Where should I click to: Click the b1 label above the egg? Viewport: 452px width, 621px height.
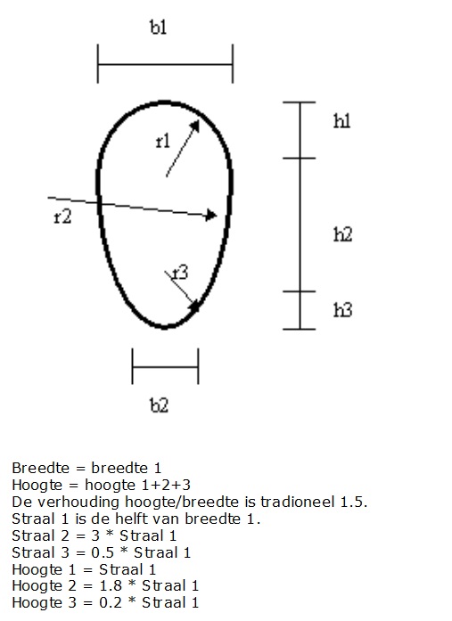tap(159, 28)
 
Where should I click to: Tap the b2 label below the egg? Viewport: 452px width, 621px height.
tap(160, 405)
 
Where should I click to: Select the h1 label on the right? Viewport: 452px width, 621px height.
tap(342, 121)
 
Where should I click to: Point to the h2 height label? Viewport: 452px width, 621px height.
tap(343, 234)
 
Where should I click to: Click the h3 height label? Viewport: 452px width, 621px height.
tap(343, 310)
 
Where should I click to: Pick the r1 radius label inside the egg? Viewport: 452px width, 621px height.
tap(163, 142)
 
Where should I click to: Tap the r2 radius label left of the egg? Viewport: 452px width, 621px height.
tap(62, 217)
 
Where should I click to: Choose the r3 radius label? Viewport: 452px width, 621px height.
tap(181, 274)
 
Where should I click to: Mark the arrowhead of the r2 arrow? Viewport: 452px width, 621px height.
tap(211, 215)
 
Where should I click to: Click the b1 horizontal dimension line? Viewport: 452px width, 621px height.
tap(165, 64)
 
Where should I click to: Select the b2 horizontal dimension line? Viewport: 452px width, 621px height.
tap(165, 367)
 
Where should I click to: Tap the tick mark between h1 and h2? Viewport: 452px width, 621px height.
tap(299, 158)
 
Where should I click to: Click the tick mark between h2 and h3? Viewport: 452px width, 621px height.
tap(299, 291)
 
